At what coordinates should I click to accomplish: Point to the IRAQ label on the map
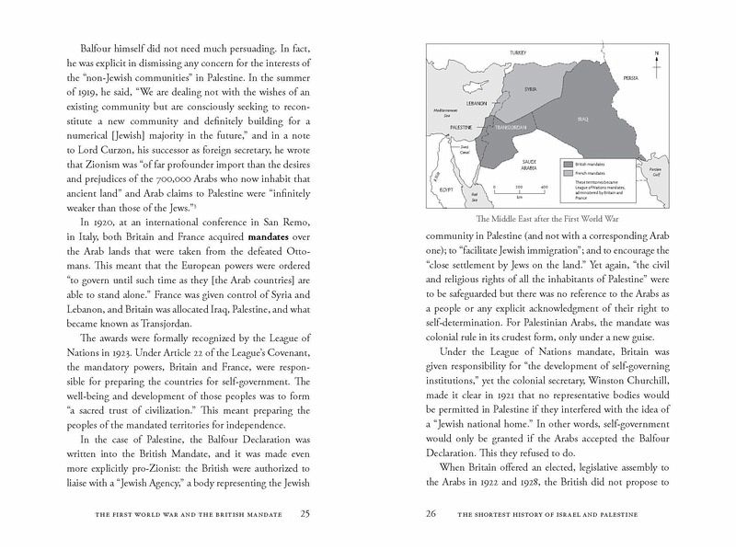coord(583,120)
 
